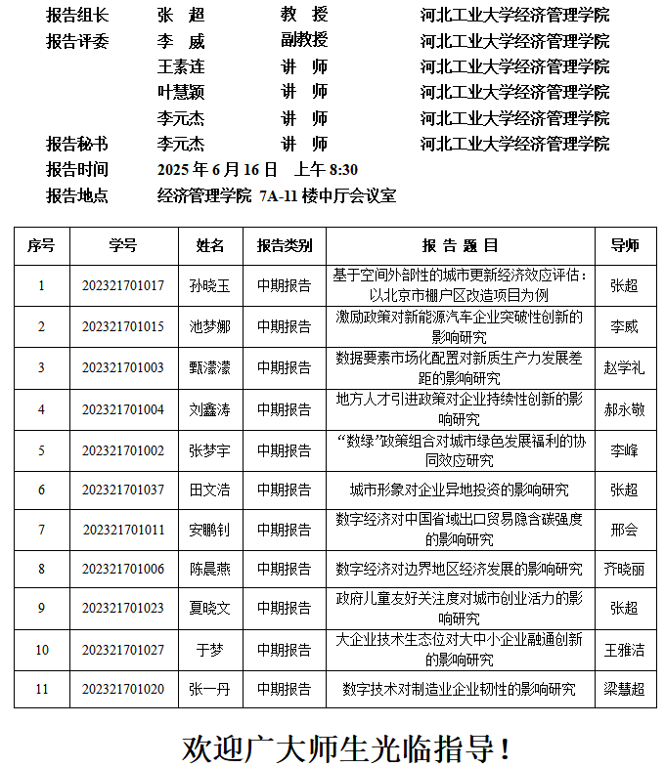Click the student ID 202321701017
pyautogui.click(x=123, y=285)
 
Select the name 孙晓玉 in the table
pyautogui.click(x=209, y=285)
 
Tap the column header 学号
pyautogui.click(x=123, y=245)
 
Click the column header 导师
pyautogui.click(x=624, y=245)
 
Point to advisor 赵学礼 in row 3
pyautogui.click(x=624, y=368)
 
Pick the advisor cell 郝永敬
pyautogui.click(x=624, y=410)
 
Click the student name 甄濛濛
pyautogui.click(x=209, y=368)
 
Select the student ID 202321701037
pyautogui.click(x=123, y=490)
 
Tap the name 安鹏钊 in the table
pyautogui.click(x=209, y=531)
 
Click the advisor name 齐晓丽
pyautogui.click(x=624, y=569)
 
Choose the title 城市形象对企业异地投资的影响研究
pyautogui.click(x=459, y=490)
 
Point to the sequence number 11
pyautogui.click(x=41, y=689)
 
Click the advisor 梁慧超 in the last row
pyautogui.click(x=624, y=689)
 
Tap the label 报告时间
pyautogui.click(x=77, y=169)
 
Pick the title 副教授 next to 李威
pyautogui.click(x=303, y=40)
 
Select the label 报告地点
pyautogui.click(x=77, y=195)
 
